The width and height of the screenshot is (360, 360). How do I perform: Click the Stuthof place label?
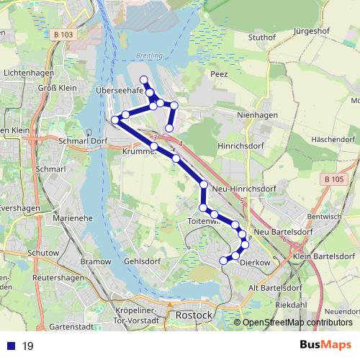(262, 37)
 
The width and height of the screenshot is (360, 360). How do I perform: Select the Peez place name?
(220, 73)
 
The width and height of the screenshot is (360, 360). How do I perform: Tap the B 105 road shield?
(335, 179)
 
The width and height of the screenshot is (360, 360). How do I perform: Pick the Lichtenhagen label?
(26, 73)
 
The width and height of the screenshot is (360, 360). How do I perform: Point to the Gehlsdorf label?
(140, 261)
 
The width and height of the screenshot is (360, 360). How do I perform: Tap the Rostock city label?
(193, 315)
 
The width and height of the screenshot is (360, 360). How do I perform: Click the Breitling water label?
(149, 55)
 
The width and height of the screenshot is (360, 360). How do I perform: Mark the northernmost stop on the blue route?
(144, 80)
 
